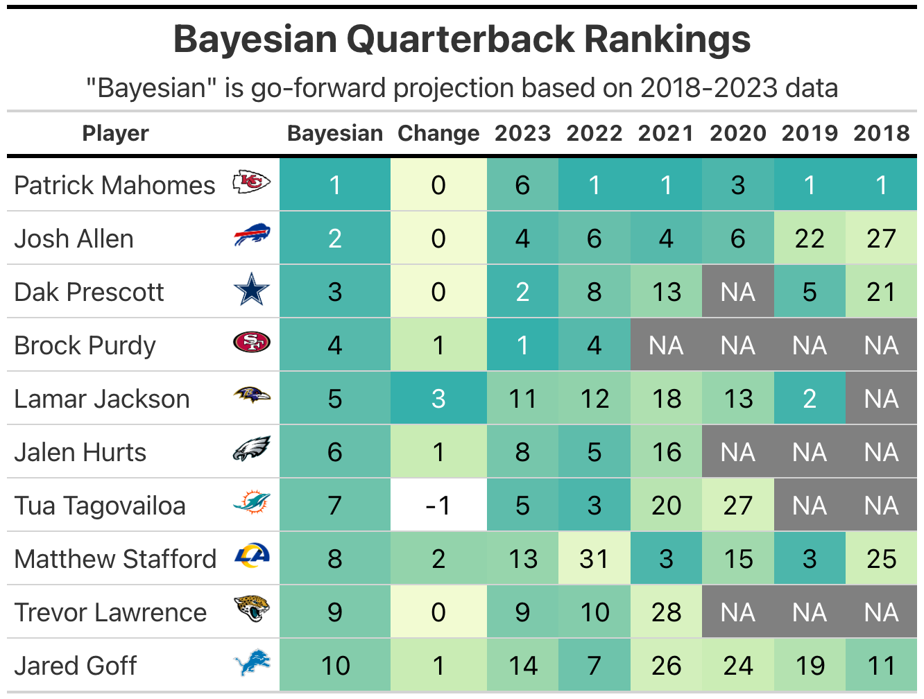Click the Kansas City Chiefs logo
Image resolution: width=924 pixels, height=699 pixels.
click(x=251, y=183)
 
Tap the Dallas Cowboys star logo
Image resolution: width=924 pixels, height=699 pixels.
click(x=251, y=290)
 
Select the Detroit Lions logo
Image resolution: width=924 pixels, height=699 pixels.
click(x=251, y=664)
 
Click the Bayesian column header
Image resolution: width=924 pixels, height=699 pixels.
click(x=335, y=133)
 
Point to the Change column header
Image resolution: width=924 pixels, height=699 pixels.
click(x=438, y=133)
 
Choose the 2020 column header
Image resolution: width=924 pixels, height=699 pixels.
click(x=738, y=133)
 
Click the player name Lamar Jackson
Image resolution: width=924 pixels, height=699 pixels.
click(x=102, y=399)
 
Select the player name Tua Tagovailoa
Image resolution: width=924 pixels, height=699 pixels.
click(x=100, y=506)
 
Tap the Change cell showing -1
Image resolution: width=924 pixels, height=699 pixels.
click(x=438, y=506)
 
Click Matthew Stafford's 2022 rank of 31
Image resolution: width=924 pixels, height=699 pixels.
click(x=594, y=559)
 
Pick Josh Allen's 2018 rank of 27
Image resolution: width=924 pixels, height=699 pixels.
click(x=881, y=239)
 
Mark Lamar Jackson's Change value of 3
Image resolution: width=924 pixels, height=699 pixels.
click(x=438, y=399)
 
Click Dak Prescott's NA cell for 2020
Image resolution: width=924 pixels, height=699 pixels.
click(x=738, y=292)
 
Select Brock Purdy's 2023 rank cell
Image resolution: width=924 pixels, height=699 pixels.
click(x=522, y=345)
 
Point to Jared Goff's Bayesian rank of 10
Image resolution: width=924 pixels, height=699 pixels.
click(x=335, y=666)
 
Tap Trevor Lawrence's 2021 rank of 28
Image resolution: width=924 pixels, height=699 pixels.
click(x=666, y=612)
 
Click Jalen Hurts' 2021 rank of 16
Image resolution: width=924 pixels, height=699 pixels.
click(x=666, y=452)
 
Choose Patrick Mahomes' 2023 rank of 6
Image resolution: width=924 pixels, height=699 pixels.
click(x=522, y=185)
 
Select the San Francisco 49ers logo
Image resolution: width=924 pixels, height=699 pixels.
click(x=251, y=343)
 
